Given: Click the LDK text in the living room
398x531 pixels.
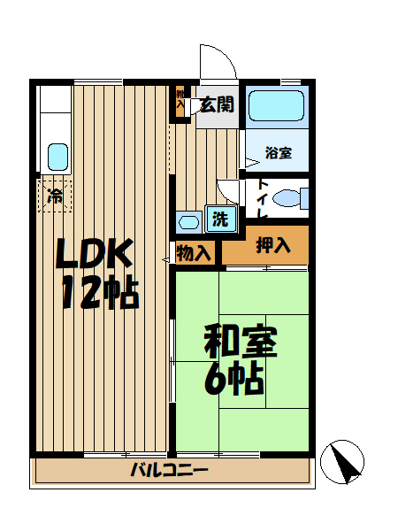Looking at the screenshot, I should [x=95, y=255].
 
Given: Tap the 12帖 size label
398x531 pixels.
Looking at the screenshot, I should [x=99, y=292].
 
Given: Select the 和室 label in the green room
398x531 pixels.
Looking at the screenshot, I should [x=241, y=341].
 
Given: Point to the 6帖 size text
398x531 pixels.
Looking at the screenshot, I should [x=234, y=379].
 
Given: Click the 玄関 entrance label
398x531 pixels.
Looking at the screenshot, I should [x=216, y=104].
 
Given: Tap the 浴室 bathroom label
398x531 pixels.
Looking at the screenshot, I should [x=278, y=152].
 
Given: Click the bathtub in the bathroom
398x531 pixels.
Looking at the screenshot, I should [x=275, y=107].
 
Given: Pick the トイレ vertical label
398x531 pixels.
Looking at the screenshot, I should [x=263, y=200].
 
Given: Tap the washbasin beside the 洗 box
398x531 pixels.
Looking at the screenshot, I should [x=188, y=221].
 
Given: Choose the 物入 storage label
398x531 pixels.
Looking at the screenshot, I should [x=194, y=253].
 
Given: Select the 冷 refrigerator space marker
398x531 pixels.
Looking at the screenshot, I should [x=54, y=196].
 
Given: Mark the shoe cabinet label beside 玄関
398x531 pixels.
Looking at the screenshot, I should [x=181, y=99].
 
